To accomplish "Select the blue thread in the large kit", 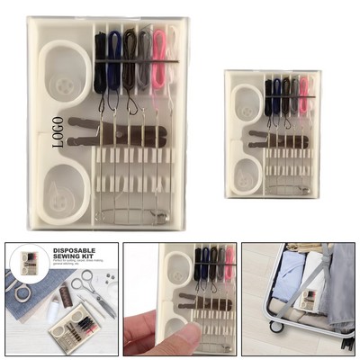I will (x=114, y=58).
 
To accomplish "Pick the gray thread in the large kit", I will (x=144, y=58).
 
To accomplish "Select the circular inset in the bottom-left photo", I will (x=31, y=264).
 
